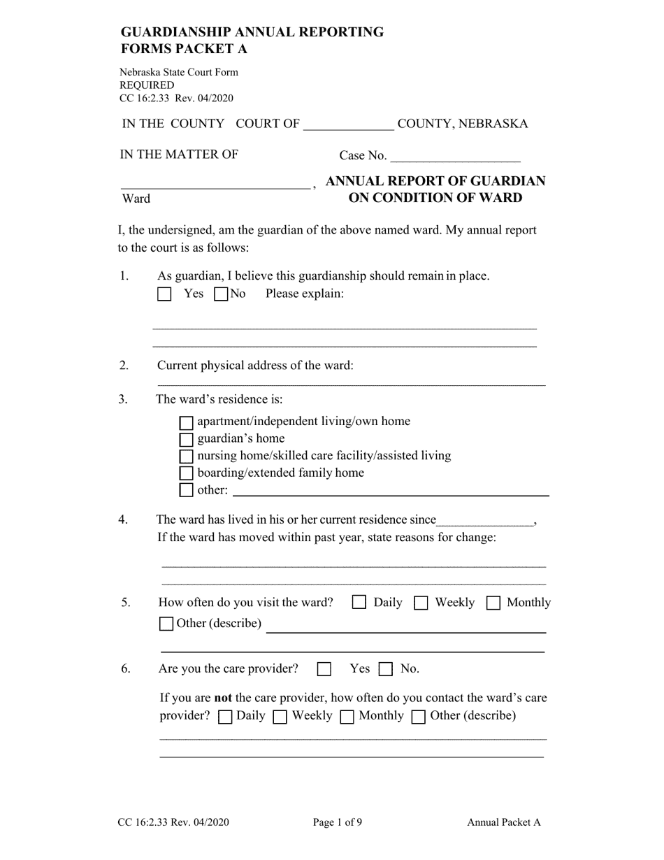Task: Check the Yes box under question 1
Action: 164,294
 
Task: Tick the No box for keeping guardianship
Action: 221,294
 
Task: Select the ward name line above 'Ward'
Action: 215,183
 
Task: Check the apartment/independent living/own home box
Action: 187,422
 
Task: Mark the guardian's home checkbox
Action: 187,439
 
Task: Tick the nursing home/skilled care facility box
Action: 187,456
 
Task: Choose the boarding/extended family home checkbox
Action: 187,473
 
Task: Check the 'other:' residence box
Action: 187,490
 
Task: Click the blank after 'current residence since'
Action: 485,521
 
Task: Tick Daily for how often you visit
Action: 359,603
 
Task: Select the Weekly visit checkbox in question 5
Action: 421,603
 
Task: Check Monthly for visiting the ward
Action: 493,603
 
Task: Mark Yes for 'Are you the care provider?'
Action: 324,669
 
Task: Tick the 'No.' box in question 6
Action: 386,669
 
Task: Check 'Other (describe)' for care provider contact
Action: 419,717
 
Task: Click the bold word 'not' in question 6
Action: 222,698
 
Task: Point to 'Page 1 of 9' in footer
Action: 338,823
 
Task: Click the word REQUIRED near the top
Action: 147,85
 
